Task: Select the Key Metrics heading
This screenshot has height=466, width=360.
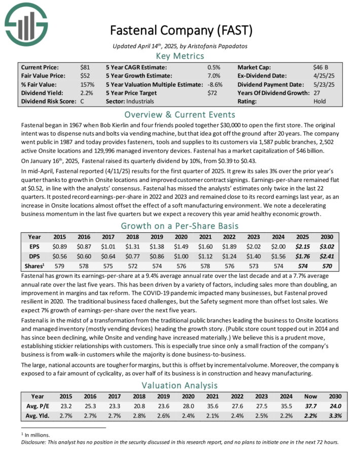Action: tap(179, 56)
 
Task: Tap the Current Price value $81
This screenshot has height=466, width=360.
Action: tap(85, 67)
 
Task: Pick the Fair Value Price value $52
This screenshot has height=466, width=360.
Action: tap(85, 76)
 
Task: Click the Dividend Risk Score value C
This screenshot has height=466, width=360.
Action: tap(82, 101)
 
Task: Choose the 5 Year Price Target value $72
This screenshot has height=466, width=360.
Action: tap(213, 93)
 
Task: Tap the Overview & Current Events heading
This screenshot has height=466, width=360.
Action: tap(179, 114)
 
